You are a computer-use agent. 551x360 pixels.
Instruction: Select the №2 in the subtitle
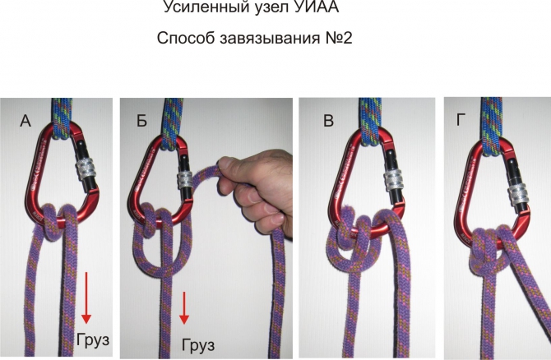pyautogui.click(x=338, y=38)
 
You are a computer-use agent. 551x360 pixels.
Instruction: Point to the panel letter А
pyautogui.click(x=25, y=121)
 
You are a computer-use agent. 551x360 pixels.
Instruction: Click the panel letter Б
pyautogui.click(x=141, y=121)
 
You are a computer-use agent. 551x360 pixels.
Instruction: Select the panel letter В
pyautogui.click(x=328, y=121)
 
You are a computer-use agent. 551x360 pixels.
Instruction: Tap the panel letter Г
pyautogui.click(x=461, y=120)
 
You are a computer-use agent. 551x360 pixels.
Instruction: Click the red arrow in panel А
pyautogui.click(x=86, y=298)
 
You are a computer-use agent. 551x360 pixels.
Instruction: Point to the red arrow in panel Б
pyautogui.click(x=183, y=308)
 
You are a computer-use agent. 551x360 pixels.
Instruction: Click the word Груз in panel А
pyautogui.click(x=93, y=340)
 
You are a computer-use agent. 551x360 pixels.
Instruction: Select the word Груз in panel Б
pyautogui.click(x=198, y=345)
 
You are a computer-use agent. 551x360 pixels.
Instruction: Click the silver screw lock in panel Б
pyautogui.click(x=186, y=180)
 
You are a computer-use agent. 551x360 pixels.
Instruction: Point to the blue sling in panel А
pyautogui.click(x=63, y=118)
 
